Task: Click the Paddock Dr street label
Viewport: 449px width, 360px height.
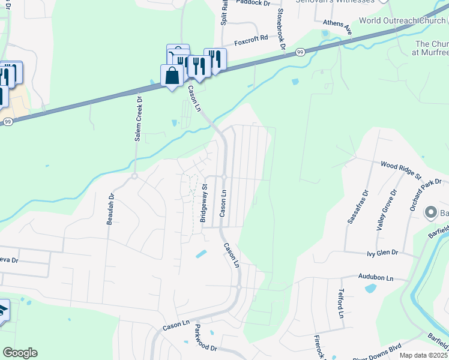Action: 253,3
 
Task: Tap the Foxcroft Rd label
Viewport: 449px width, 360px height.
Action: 251,43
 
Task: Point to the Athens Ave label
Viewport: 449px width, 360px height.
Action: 337,25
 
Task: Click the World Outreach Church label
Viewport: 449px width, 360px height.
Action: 403,20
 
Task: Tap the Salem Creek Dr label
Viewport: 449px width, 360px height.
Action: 138,119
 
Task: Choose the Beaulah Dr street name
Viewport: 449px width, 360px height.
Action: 110,209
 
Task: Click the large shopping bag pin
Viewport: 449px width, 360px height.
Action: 172,76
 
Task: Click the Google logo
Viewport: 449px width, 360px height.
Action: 20,353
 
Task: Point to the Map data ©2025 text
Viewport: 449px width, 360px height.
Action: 423,355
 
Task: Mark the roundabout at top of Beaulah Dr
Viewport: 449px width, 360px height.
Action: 134,176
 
